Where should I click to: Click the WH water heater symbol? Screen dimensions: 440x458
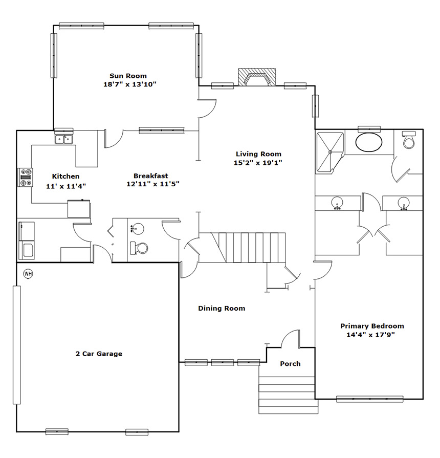[28, 274]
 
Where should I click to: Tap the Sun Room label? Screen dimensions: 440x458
[128, 76]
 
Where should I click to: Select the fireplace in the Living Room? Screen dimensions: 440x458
[257, 77]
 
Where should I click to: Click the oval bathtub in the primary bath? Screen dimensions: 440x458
[369, 143]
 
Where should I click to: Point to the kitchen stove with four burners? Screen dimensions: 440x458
[26, 177]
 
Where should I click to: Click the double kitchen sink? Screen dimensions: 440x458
[64, 139]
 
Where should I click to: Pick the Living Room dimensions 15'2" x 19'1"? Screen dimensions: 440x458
[258, 163]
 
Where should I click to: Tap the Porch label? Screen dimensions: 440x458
[290, 364]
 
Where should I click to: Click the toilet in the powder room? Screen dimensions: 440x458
[139, 248]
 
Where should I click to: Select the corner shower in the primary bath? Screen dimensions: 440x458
[330, 152]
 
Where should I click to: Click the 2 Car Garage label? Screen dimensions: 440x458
[99, 354]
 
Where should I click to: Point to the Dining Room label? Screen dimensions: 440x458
[222, 309]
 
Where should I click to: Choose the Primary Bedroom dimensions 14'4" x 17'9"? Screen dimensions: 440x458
[370, 335]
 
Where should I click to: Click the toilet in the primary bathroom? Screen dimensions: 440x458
[408, 140]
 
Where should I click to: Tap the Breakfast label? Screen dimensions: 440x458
[150, 176]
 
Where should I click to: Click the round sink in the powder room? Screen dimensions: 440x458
[137, 228]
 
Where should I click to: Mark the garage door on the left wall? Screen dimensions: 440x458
[17, 345]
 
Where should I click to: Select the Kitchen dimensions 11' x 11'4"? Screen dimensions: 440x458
[66, 186]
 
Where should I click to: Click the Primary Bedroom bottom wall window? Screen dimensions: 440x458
[370, 399]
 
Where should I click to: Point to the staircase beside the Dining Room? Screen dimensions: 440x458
[248, 247]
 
